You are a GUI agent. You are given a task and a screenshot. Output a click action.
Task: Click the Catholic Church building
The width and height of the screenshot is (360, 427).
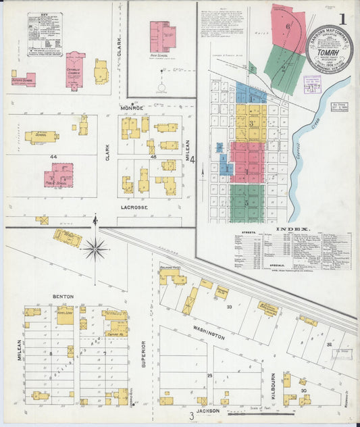[x=75, y=69]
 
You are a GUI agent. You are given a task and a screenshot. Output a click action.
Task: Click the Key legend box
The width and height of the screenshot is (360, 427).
[x=45, y=34]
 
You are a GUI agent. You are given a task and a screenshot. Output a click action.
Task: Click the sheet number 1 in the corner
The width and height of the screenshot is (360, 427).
[x=343, y=18]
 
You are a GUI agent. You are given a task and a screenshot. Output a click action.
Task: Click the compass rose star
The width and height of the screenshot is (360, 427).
[x=95, y=250]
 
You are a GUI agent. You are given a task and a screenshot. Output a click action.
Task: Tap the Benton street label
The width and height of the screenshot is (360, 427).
[x=63, y=296]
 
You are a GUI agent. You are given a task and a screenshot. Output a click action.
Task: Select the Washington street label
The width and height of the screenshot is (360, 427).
[x=207, y=332]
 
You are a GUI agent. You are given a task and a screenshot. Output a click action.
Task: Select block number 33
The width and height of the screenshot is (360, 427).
[x=229, y=307]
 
